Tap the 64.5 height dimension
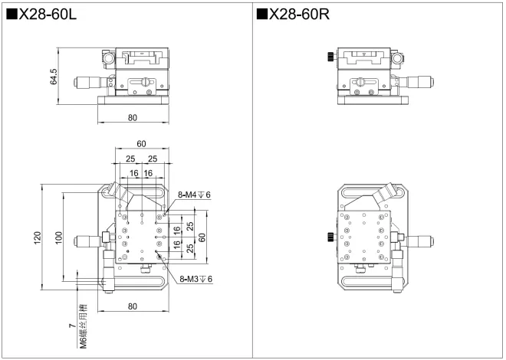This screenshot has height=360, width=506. click(x=53, y=77)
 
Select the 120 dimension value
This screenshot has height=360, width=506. click(x=38, y=237)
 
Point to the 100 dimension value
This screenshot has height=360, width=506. click(x=58, y=237)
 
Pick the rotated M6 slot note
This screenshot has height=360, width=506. click(x=84, y=326)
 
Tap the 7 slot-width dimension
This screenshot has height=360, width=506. click(x=73, y=326)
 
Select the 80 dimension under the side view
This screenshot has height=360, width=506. click(x=133, y=118)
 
